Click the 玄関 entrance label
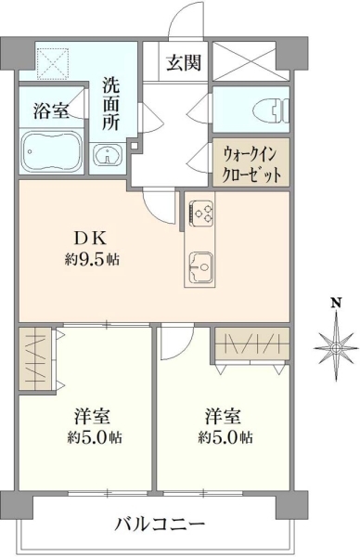[184, 62]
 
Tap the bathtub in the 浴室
[52, 151]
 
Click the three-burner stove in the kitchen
[201, 213]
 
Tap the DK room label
[90, 239]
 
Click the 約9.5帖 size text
[92, 260]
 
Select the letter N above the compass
[336, 303]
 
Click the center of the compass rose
[336, 347]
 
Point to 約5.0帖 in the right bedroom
[225, 437]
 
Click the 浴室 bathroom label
[51, 110]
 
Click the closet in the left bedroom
[34, 358]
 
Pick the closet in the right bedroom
[252, 343]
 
